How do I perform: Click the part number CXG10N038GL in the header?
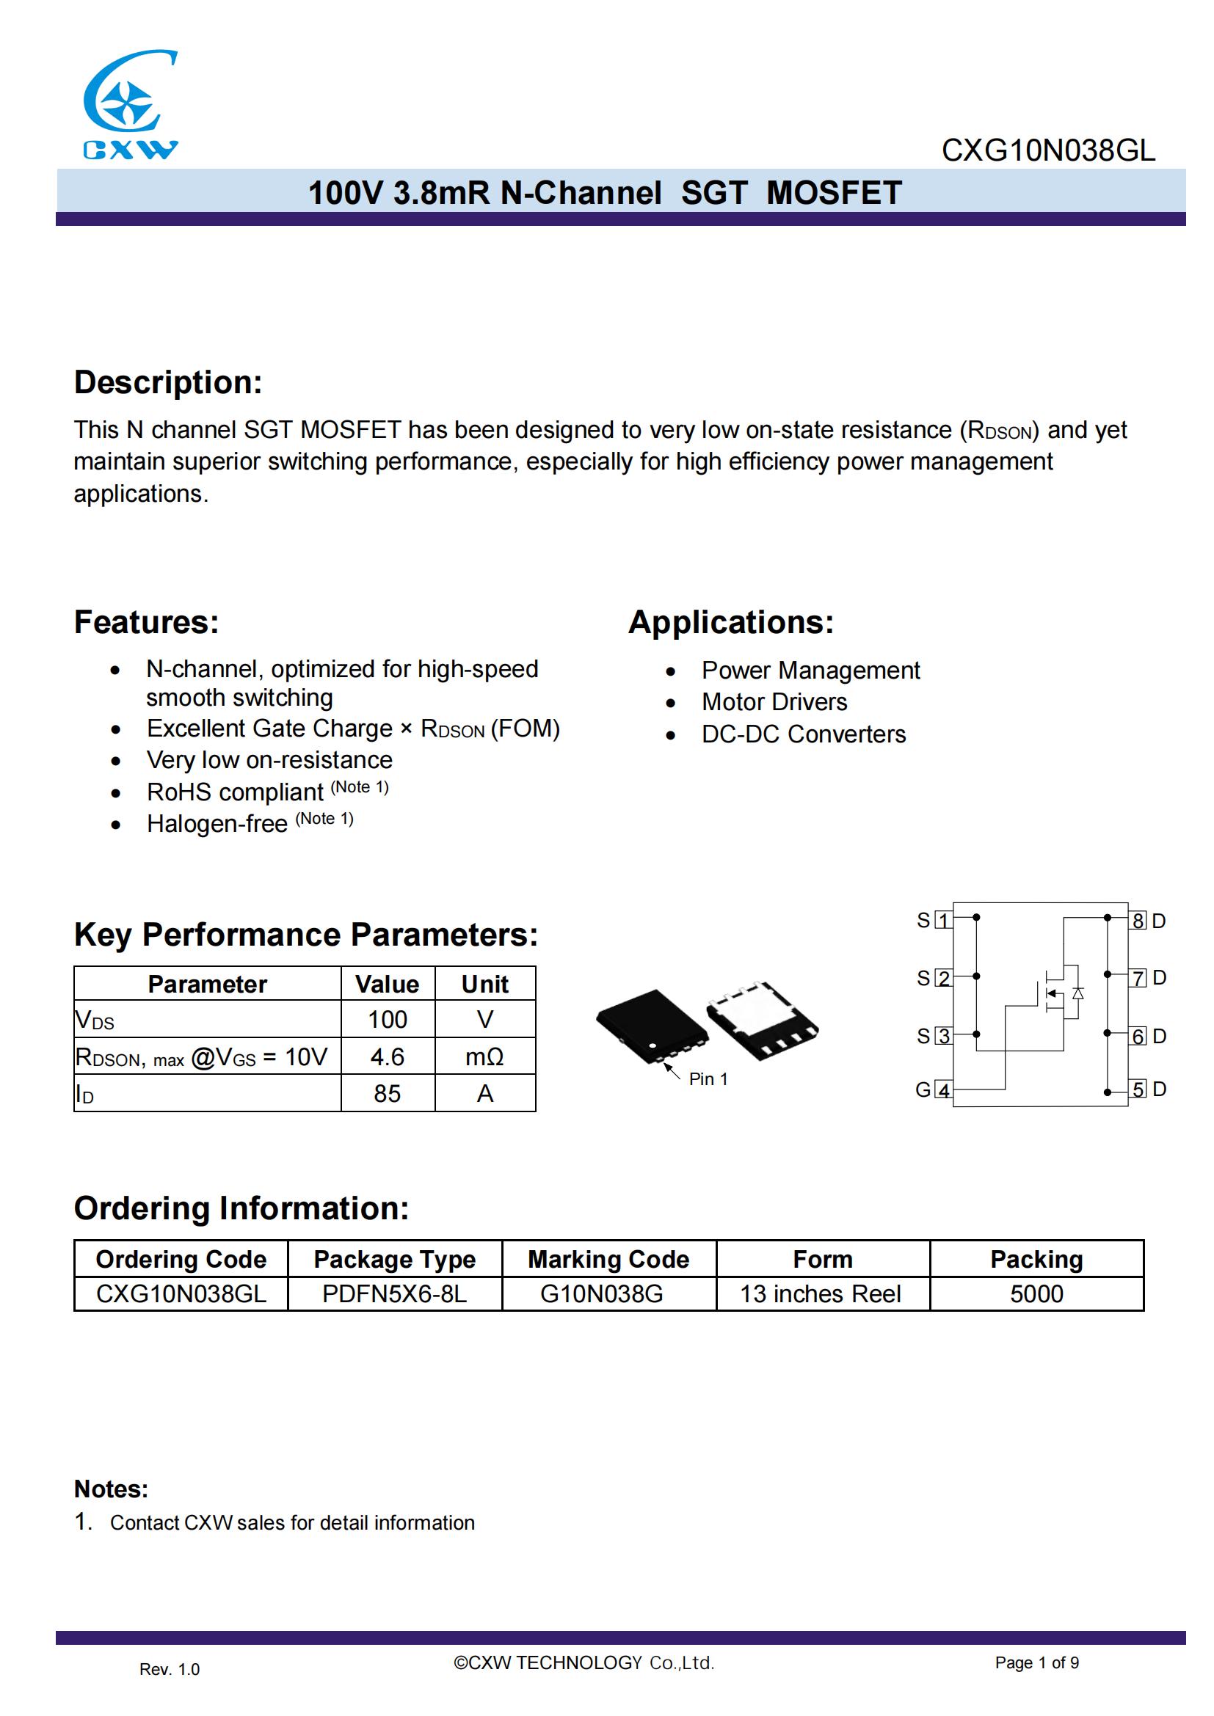click(x=1047, y=151)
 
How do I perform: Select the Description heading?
click(x=168, y=382)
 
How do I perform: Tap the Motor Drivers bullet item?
click(x=774, y=702)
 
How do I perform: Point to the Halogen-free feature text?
click(x=217, y=824)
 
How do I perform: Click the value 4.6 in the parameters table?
click(x=388, y=1056)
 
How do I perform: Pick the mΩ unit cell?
click(x=484, y=1056)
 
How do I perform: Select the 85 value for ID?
click(x=388, y=1093)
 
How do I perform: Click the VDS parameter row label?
click(x=95, y=1021)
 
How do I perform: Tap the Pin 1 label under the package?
click(x=708, y=1078)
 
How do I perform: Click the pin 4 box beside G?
click(x=944, y=1090)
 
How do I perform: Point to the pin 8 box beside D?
click(x=1137, y=921)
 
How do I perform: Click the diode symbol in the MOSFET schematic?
click(x=1077, y=993)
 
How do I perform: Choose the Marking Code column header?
click(x=608, y=1260)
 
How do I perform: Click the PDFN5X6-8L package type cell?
click(x=395, y=1293)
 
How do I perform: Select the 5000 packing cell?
click(x=1036, y=1293)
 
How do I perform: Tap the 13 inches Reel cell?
click(x=821, y=1293)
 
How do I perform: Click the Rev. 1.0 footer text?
click(x=170, y=1669)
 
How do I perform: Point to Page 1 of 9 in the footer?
click(x=1036, y=1662)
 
